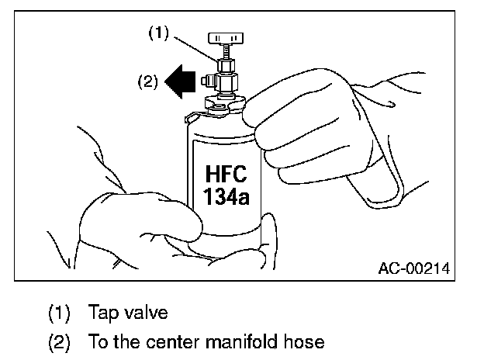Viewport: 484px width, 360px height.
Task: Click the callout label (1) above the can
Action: click(158, 34)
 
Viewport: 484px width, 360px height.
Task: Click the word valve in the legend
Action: click(146, 313)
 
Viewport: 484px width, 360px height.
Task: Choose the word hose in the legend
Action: click(306, 341)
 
